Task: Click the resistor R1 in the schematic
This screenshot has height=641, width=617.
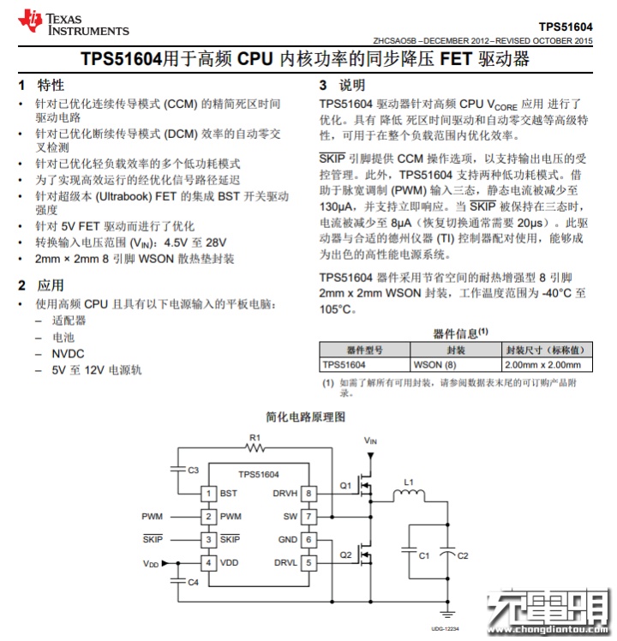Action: pos(255,447)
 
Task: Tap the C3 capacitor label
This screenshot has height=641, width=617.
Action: pos(193,470)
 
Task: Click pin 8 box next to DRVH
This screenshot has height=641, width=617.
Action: pos(308,494)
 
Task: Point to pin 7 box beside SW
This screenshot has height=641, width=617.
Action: pos(308,517)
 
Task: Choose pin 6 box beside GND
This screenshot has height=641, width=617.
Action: pos(308,540)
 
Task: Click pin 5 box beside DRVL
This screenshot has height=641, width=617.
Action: pos(308,563)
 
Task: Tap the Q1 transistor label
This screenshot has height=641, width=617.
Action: pos(345,486)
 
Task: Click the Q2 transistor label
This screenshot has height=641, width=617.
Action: pos(345,555)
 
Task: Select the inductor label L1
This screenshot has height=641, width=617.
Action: pos(409,482)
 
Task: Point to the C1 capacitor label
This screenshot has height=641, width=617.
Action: pos(424,556)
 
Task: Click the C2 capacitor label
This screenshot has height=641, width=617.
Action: pos(463,556)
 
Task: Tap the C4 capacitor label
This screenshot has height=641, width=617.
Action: pos(193,583)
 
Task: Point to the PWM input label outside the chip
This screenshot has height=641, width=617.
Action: pos(153,517)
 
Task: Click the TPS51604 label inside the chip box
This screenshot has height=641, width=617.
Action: pos(258,474)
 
